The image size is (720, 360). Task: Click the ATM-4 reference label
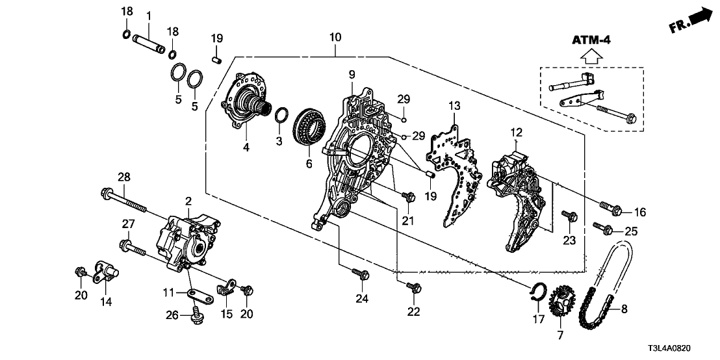pos(590,40)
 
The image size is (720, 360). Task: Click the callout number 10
pos(333,38)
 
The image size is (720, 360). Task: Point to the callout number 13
pos(453,106)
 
